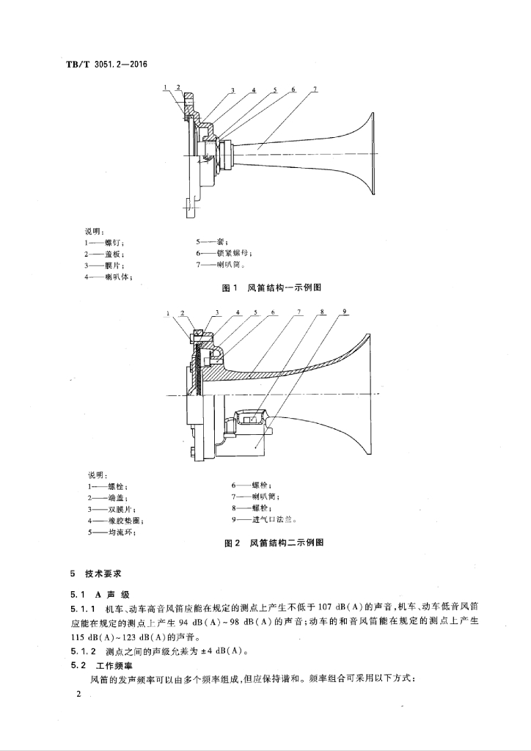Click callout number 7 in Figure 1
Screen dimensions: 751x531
pyautogui.click(x=315, y=90)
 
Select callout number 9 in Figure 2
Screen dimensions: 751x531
pyautogui.click(x=345, y=312)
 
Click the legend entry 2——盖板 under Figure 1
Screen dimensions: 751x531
pyautogui.click(x=103, y=253)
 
